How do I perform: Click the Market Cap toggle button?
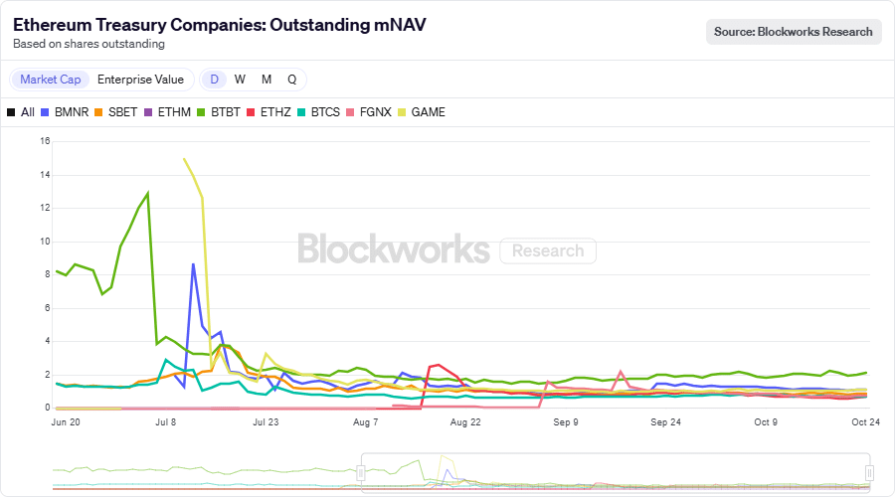pos(51,80)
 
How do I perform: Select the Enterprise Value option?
pos(140,80)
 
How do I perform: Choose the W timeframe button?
pos(240,80)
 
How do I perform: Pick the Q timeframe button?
pos(291,80)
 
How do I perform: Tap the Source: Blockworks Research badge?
pos(794,32)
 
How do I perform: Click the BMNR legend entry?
pos(66,112)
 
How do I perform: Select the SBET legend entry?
pos(116,112)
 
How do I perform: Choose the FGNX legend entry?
pos(369,112)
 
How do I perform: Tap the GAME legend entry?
pos(421,112)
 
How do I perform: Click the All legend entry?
pos(21,112)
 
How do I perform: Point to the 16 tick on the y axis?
pos(45,141)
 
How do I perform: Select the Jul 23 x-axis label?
pos(266,422)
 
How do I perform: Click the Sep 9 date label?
pos(566,422)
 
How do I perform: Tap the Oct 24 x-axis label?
pos(865,422)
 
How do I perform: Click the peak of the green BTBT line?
pos(148,193)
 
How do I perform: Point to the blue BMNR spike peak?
pos(193,263)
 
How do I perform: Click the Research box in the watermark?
pos(548,250)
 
